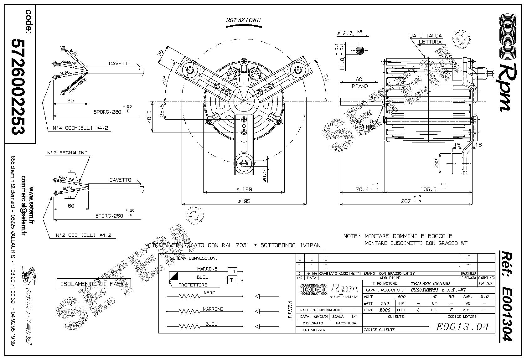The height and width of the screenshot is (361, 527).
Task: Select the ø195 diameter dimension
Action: tap(244, 201)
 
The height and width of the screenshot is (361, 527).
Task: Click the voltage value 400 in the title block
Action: tap(401, 297)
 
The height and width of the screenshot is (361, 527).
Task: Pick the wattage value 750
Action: tap(385, 303)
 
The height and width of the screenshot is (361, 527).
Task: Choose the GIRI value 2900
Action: tap(385, 310)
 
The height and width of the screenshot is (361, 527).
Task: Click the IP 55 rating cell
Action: tap(485, 283)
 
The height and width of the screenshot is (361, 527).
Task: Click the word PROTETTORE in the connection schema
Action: tap(193, 285)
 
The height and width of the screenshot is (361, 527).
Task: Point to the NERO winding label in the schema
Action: tap(209, 293)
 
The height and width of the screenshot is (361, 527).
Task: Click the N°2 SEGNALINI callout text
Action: tap(67, 153)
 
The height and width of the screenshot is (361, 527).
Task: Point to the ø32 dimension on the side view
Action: tap(437, 163)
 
